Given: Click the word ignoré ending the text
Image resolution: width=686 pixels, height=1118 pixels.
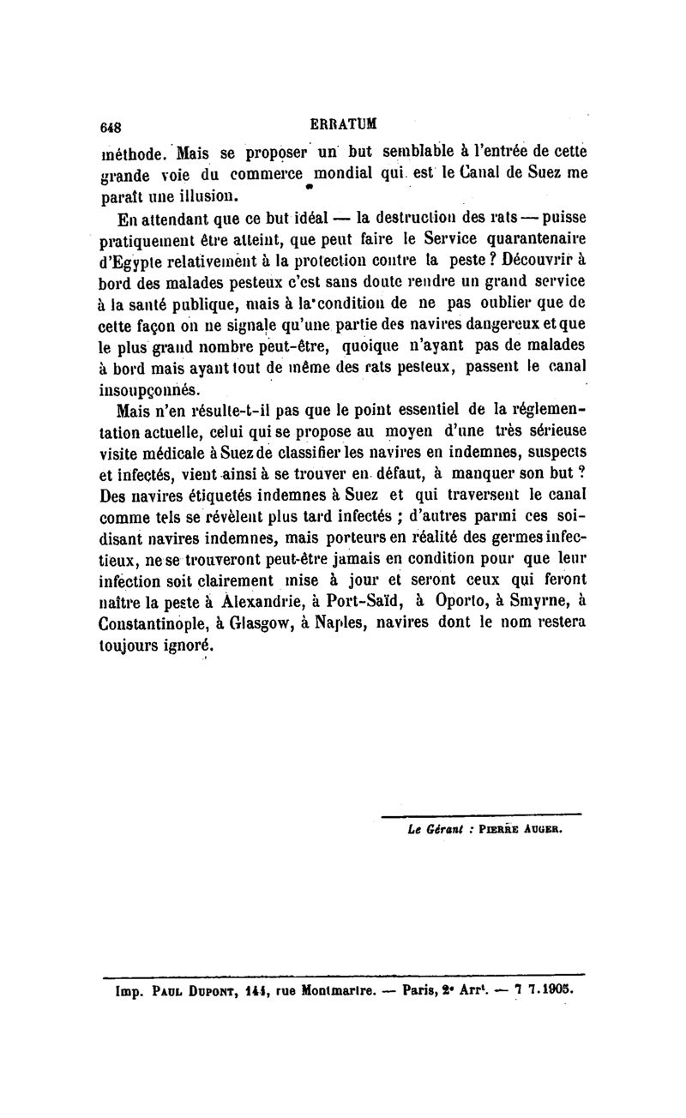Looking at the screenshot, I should click(x=179, y=646).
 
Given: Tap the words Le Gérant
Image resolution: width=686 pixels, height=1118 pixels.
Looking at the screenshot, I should click(x=436, y=829).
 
